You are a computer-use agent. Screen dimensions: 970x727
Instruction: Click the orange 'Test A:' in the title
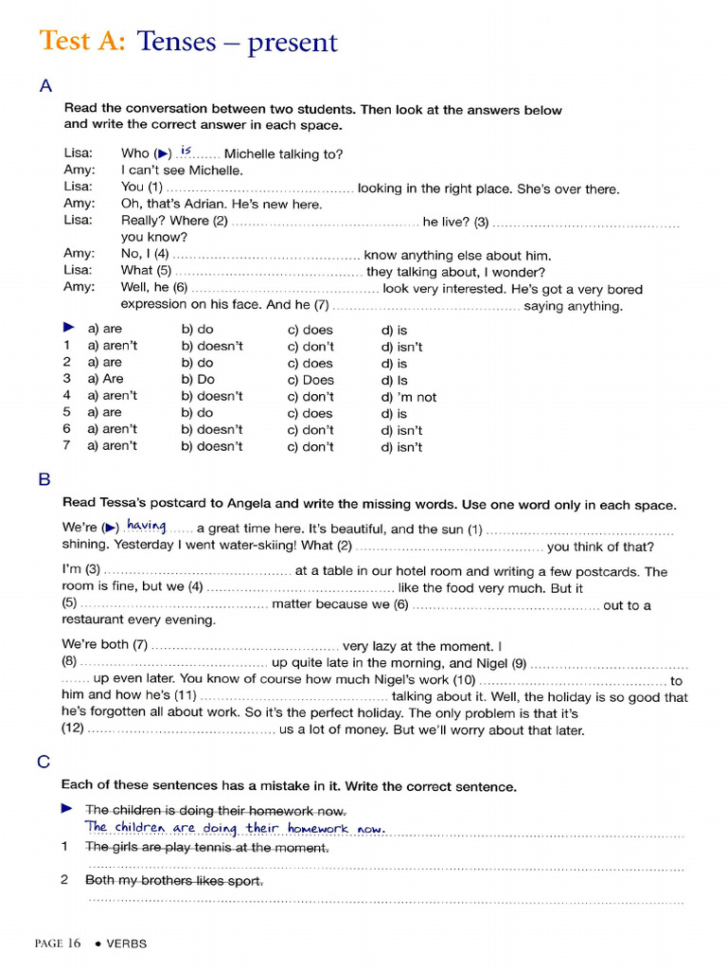[x=81, y=42]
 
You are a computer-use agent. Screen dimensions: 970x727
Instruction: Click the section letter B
[x=44, y=480]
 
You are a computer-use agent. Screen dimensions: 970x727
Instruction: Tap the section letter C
[x=44, y=762]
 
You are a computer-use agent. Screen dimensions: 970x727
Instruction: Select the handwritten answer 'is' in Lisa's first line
[x=186, y=152]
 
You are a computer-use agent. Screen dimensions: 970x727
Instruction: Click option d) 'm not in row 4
[x=409, y=397]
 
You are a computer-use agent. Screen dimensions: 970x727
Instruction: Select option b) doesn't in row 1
[x=212, y=347]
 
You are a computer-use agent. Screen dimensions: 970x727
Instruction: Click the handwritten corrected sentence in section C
[x=236, y=829]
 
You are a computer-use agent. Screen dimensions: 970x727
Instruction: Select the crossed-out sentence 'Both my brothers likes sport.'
[x=174, y=880]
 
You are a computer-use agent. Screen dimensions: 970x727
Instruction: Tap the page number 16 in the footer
[x=73, y=943]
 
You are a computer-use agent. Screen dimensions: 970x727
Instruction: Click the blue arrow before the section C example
[x=66, y=809]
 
